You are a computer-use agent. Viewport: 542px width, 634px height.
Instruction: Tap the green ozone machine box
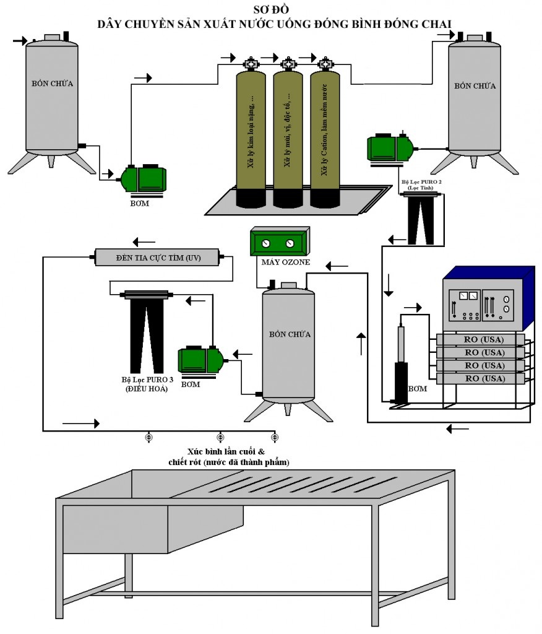pyautogui.click(x=280, y=242)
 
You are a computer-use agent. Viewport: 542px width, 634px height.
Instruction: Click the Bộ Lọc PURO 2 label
pyautogui.click(x=421, y=186)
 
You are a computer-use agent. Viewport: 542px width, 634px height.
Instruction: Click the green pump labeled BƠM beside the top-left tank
pyautogui.click(x=144, y=178)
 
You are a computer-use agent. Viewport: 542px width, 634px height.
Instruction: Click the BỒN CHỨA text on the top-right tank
pyautogui.click(x=475, y=86)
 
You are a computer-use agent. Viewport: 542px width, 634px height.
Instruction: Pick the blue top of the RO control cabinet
pyautogui.click(x=489, y=273)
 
